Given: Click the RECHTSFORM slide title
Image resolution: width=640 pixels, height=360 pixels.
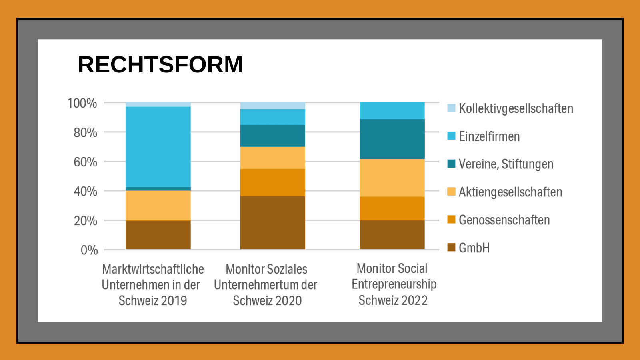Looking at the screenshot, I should click(160, 64).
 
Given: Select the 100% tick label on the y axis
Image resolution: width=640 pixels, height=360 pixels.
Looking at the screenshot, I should click(82, 103).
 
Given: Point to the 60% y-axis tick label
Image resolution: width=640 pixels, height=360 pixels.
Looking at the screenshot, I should click(85, 162).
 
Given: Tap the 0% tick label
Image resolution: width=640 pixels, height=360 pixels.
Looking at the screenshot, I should click(89, 250).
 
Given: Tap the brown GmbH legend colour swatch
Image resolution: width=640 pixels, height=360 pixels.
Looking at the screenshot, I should click(451, 248).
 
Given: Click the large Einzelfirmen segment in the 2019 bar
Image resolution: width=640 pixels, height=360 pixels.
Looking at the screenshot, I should click(158, 147).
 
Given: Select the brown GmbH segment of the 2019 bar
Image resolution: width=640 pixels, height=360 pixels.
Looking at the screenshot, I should click(158, 235).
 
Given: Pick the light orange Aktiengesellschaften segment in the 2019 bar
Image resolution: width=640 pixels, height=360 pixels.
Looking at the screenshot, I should click(158, 205).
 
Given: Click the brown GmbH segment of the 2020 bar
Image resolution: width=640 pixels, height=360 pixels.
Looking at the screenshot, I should click(272, 223).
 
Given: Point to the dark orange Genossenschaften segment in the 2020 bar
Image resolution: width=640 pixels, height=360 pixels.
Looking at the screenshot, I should click(272, 182).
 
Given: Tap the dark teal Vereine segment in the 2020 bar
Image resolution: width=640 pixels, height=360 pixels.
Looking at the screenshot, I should click(272, 136).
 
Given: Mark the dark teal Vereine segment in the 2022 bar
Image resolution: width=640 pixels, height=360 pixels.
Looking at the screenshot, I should click(392, 139).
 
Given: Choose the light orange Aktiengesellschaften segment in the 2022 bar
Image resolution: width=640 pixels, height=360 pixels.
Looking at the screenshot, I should click(392, 178).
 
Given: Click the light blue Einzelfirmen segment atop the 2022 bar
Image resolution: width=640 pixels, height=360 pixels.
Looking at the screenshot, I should click(392, 111).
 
